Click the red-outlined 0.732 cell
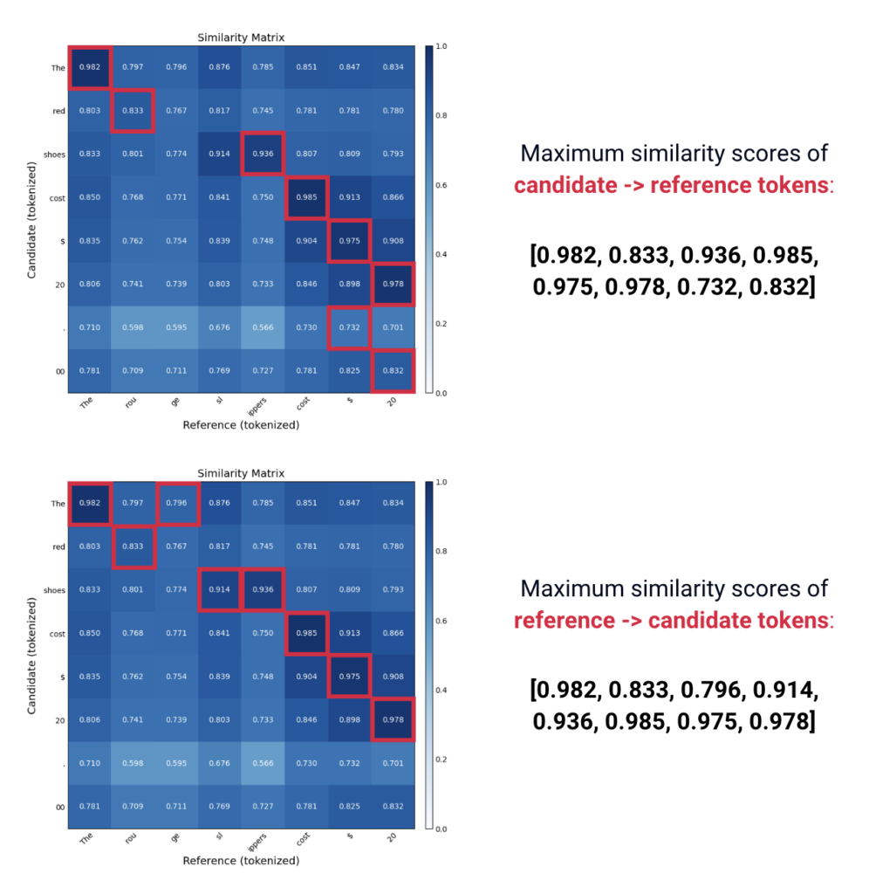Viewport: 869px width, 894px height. tap(349, 327)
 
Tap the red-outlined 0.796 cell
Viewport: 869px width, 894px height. tap(176, 502)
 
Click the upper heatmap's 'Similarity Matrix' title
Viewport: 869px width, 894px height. tap(241, 38)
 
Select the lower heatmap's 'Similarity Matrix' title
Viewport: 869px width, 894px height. tap(241, 473)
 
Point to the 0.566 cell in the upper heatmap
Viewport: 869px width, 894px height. tap(263, 327)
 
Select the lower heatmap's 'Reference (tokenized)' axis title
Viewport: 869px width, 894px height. tap(241, 861)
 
